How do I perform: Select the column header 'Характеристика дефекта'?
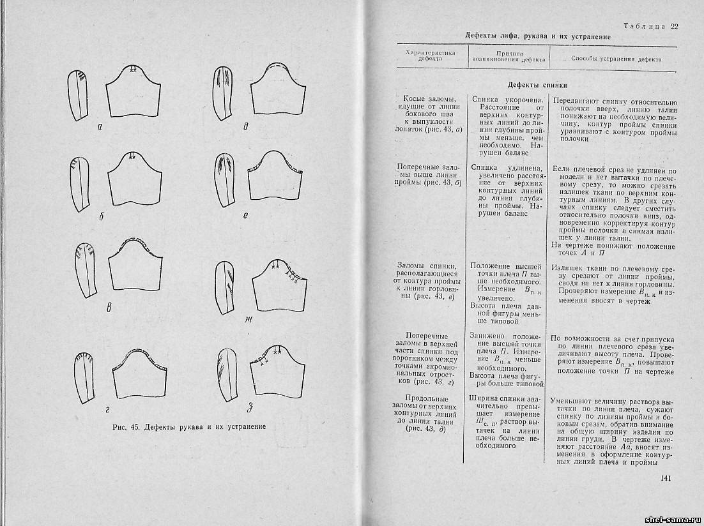426,56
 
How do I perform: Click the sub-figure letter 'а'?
100,126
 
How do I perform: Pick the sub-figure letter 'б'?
102,216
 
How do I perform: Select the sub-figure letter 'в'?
109,309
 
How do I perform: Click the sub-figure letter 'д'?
246,126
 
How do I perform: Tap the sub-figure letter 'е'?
245,216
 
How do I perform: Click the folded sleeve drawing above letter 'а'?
79,96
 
